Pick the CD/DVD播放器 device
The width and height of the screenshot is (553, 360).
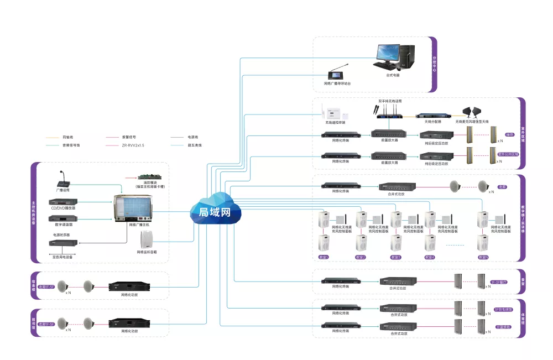[62, 202]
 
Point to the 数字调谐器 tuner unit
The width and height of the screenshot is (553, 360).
[62, 218]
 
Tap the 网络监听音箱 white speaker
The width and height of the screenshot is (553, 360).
[147, 239]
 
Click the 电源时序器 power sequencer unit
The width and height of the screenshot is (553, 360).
[62, 243]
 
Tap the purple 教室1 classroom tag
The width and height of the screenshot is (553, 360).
[324, 257]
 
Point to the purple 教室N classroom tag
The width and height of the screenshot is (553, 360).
[483, 257]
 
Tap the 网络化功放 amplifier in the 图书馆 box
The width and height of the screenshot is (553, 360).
[129, 322]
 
